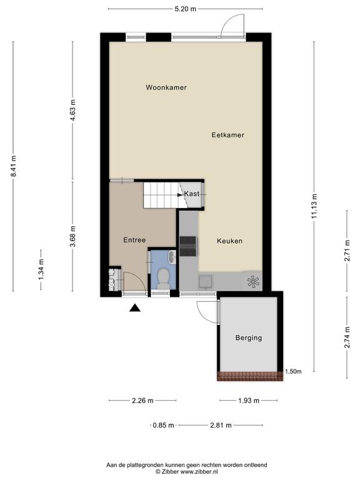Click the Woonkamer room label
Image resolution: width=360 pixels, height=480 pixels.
tap(166, 87)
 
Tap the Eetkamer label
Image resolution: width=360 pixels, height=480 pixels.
tap(227, 135)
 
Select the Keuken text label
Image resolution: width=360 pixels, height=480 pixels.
tap(229, 241)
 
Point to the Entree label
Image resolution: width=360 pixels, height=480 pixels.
tap(134, 240)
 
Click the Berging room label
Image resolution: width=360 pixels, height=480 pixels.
tap(249, 338)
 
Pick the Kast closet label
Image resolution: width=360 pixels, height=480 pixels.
tap(192, 194)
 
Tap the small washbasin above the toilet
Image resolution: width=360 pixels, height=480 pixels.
tap(172, 256)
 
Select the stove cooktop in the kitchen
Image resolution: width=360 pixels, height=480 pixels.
tap(188, 246)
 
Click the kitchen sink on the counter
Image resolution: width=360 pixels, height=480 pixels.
tap(206, 282)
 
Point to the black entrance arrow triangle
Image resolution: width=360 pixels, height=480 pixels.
tap(135, 307)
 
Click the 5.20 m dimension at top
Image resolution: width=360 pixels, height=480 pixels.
tap(185, 9)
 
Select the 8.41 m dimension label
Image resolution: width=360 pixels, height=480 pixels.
tap(13, 166)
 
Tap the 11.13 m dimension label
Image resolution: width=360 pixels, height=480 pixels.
tap(314, 206)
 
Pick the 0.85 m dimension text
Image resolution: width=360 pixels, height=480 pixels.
tap(164, 425)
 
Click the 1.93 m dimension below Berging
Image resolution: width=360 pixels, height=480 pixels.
tap(249, 401)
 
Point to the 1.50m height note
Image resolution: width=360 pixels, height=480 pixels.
tap(293, 372)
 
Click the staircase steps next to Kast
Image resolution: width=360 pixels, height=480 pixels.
tap(161, 195)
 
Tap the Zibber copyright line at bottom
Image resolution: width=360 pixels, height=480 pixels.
tap(187, 472)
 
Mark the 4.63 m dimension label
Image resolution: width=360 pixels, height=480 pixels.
tap(73, 110)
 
